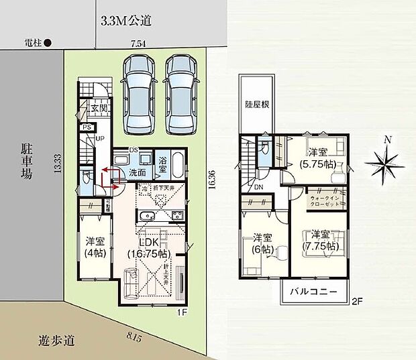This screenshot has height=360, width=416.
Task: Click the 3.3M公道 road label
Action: (x=125, y=20)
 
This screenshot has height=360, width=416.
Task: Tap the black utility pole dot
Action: (x=48, y=42)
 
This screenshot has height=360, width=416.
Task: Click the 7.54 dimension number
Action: (x=138, y=44)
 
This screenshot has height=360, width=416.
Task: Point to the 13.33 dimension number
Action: (x=58, y=164)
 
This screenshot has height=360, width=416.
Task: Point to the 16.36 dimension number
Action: (x=213, y=181)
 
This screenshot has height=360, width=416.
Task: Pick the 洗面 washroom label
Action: (x=137, y=172)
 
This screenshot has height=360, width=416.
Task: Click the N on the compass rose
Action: (x=386, y=140)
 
